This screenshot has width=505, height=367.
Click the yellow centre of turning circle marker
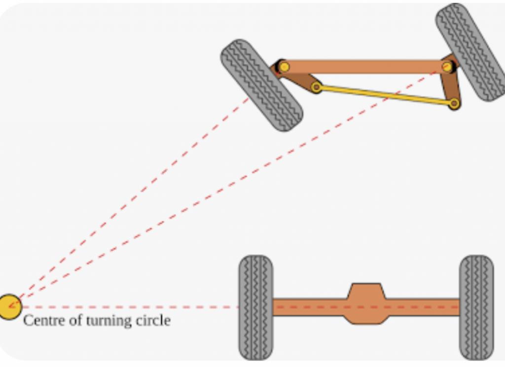coord(9,307)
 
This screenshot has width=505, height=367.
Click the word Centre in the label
coord(41,321)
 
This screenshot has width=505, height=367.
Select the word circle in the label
coord(152,321)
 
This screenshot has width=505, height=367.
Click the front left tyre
coord(261,85)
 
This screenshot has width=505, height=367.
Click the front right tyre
coord(470,52)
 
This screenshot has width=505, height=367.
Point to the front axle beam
coord(365,67)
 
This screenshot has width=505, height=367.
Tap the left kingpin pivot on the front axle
coord(284,67)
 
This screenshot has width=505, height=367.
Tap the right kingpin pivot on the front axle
coord(447,67)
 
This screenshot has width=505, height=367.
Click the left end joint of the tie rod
coord(317,88)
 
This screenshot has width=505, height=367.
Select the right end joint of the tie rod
coord(454,103)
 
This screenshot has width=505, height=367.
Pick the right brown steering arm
coord(451,86)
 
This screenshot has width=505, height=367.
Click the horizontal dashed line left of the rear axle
coord(128,307)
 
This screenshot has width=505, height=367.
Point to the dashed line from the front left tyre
coord(133,197)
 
